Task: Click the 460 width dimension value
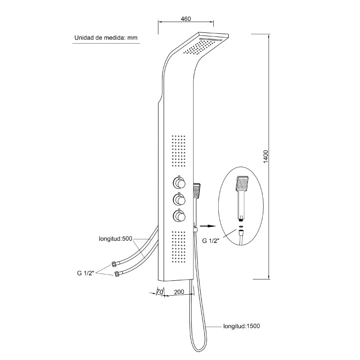[x=186, y=18]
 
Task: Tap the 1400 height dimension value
[x=265, y=157]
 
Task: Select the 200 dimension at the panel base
[x=179, y=292]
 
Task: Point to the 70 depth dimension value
[x=160, y=292]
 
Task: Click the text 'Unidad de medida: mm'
[x=106, y=38]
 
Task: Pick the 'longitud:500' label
[x=116, y=239]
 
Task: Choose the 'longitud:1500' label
[x=242, y=326]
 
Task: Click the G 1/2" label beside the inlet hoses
[x=85, y=273]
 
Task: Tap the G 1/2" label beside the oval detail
[x=211, y=241]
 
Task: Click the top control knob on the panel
[x=179, y=183]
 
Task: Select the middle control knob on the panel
[x=179, y=199]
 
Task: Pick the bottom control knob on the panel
[x=179, y=216]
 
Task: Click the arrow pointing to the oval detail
[x=208, y=226]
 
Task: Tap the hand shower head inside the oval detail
[x=242, y=183]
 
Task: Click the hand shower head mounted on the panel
[x=197, y=190]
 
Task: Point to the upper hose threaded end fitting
[x=114, y=264]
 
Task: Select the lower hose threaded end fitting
[x=117, y=274]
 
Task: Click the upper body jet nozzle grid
[x=178, y=151]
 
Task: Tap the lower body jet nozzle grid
[x=178, y=247]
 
